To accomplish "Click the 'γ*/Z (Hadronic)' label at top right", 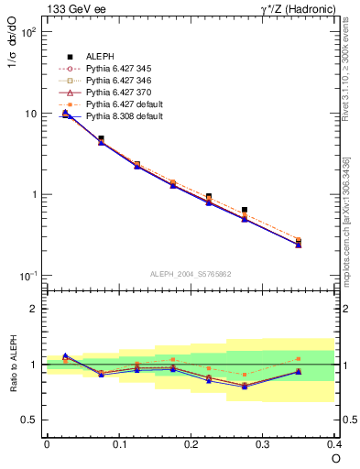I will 299,9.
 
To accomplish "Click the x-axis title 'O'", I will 335,458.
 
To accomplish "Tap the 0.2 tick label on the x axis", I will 191,443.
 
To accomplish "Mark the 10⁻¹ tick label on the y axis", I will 27,277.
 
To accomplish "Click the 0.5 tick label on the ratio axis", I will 29,420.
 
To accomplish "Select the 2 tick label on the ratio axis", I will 34,309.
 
